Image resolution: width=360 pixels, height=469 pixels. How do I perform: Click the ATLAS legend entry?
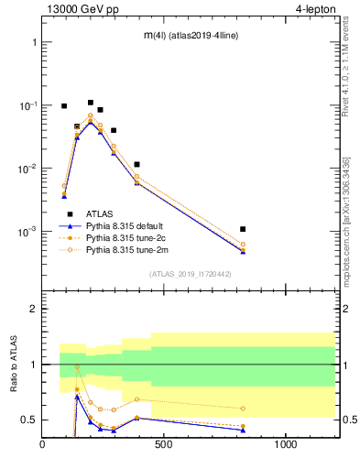[101, 213]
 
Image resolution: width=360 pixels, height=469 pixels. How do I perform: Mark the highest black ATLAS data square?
[90, 103]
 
